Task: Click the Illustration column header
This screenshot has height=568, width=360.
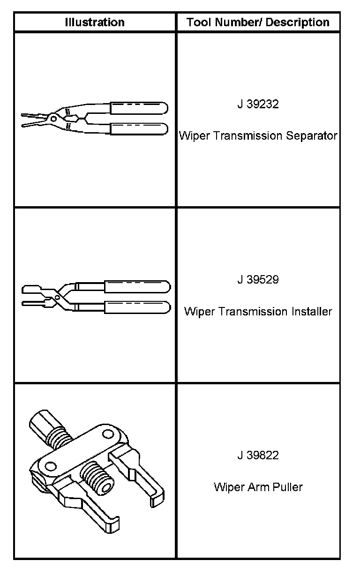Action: [x=95, y=22]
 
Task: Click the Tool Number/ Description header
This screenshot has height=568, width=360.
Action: [x=258, y=22]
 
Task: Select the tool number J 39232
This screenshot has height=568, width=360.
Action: [x=258, y=104]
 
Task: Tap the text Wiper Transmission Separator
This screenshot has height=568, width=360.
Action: [x=258, y=136]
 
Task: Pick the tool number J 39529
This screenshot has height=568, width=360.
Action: [x=258, y=280]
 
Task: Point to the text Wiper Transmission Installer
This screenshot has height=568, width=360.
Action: [x=258, y=312]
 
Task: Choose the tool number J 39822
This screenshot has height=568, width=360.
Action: [x=258, y=455]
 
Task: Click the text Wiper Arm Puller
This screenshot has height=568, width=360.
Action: [x=258, y=487]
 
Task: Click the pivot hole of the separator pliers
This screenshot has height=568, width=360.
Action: [x=53, y=119]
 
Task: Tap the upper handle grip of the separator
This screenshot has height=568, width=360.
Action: [x=138, y=107]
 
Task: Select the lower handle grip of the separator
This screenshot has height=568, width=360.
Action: [x=138, y=129]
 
